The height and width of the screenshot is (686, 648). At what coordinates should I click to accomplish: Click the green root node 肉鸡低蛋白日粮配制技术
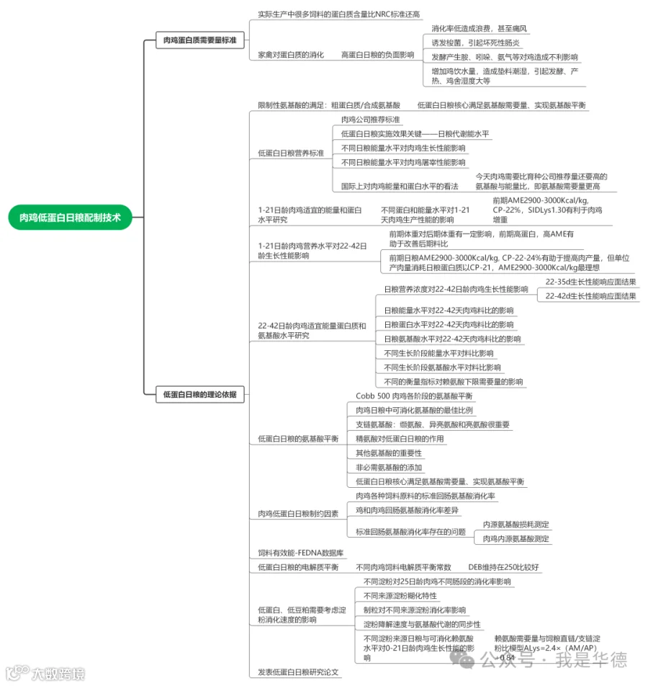pos(71,216)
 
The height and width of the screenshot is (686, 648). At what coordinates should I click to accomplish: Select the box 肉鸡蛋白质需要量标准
pos(199,40)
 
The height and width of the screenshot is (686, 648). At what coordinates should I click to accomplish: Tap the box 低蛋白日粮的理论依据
pos(199,394)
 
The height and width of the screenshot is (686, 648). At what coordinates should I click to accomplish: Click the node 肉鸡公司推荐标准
pos(371,120)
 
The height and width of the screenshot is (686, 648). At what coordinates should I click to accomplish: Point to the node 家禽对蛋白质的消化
pos(291,55)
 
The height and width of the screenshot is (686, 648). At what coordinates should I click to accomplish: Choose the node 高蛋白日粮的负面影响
pos(377,55)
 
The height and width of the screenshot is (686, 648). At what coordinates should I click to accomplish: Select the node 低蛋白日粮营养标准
pos(291,153)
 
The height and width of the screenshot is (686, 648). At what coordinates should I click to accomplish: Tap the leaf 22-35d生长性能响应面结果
pos(590,282)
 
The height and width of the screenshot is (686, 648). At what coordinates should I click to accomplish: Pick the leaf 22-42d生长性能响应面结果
pos(590,296)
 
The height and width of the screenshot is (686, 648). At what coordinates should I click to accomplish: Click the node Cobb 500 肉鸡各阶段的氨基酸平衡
pos(414,396)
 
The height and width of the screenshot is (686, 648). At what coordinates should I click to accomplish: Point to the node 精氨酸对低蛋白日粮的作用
pos(400,439)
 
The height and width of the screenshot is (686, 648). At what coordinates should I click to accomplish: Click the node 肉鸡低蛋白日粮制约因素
pos(298,514)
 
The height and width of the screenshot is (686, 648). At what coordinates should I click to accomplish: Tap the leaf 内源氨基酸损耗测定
pos(516,525)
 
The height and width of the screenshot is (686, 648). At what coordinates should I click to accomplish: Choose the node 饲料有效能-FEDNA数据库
pos(301,553)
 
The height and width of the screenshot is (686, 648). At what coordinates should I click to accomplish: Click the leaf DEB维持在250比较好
pos(503,567)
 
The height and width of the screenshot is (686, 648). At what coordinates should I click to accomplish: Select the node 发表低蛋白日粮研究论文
pos(298,672)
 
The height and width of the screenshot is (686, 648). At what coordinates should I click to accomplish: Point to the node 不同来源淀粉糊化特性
pos(400,596)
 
